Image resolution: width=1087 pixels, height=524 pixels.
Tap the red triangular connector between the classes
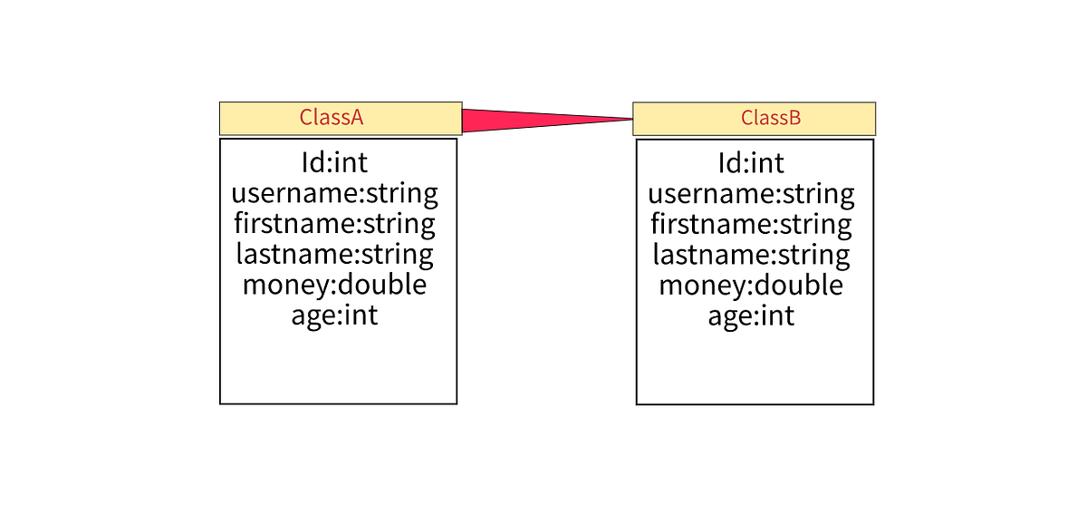(525, 120)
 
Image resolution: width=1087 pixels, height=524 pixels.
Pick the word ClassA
(332, 117)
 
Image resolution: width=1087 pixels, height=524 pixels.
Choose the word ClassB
(771, 117)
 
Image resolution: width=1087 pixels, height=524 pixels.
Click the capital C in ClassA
(306, 117)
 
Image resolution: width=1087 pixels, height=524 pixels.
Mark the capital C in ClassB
(747, 117)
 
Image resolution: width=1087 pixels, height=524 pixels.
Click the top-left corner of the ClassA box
(220, 103)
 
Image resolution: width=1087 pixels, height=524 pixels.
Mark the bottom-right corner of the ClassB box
(874, 134)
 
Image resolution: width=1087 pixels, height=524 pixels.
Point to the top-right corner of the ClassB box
(874, 103)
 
